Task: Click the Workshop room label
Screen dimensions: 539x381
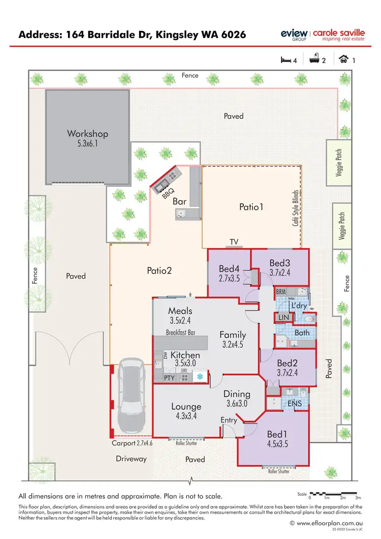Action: tap(87, 134)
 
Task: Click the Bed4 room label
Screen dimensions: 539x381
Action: tap(229, 268)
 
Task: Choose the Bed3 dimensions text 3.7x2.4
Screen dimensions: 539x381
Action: tap(279, 273)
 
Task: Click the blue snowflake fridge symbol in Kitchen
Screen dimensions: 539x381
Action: tap(200, 377)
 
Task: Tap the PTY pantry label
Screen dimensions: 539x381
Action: tap(169, 378)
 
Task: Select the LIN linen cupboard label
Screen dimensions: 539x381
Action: tap(283, 318)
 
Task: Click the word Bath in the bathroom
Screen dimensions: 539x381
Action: tap(302, 333)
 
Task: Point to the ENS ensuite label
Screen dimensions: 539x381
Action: tap(295, 403)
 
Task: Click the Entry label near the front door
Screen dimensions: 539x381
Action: tap(229, 420)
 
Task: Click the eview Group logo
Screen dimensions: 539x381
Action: tap(294, 35)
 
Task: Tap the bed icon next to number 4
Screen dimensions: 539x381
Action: tap(286, 60)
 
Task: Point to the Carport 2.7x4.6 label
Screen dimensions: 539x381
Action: tap(132, 443)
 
